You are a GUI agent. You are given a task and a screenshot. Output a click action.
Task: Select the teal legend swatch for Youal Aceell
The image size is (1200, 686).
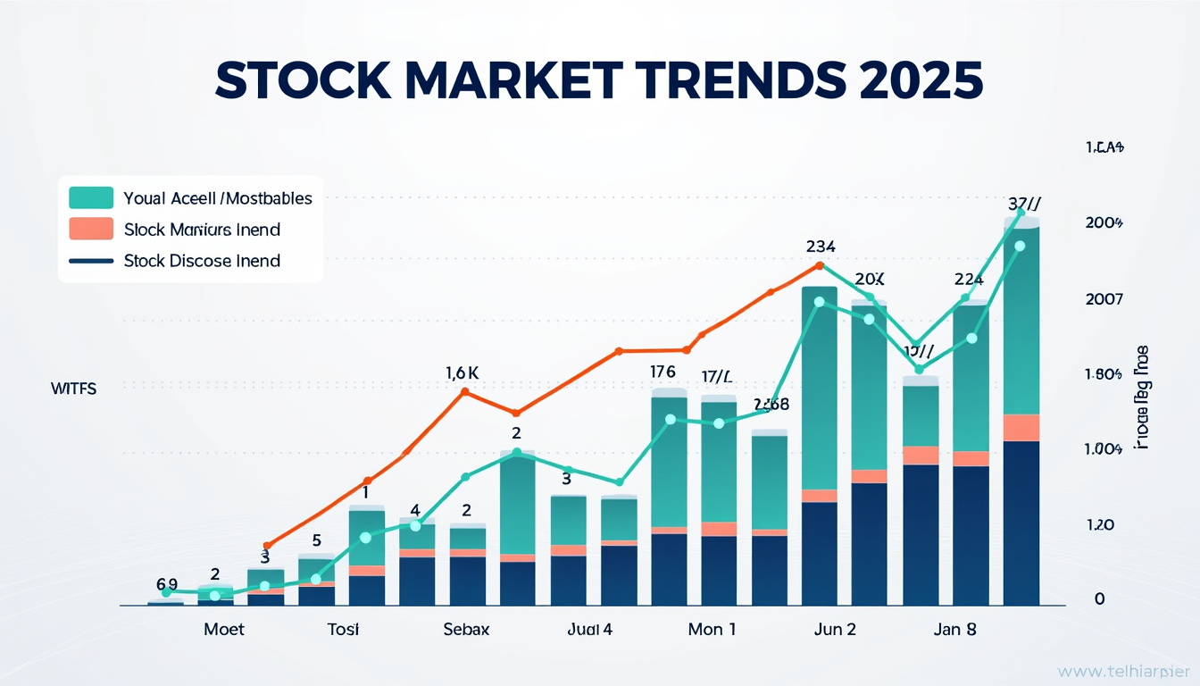coord(90,197)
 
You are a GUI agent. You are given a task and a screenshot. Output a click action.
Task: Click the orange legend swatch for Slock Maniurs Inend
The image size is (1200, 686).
coord(90,229)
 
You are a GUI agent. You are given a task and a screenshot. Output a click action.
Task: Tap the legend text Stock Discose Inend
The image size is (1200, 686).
coord(202,261)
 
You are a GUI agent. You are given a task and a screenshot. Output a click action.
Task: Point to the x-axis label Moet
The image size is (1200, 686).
coord(223,629)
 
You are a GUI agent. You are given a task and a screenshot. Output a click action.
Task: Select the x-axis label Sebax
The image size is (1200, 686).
coord(466,629)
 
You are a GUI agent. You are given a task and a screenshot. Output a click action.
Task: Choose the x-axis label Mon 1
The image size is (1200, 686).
coord(712,629)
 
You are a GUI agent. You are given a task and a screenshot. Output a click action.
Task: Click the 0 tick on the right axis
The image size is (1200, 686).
coord(1100,599)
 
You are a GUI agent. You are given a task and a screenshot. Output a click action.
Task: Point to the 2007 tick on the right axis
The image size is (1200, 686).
coord(1103,300)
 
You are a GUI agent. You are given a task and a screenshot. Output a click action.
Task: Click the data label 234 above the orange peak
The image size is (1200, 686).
coord(820,247)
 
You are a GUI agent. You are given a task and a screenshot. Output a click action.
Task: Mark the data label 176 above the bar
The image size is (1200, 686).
coord(662,372)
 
